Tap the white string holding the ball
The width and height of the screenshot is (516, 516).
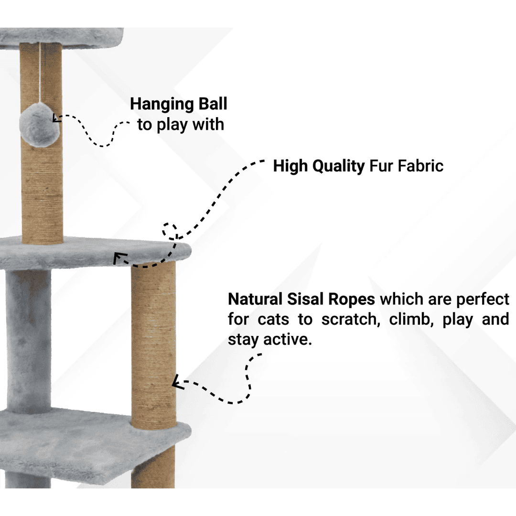(x=40, y=73)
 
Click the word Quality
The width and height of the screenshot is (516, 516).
(x=339, y=167)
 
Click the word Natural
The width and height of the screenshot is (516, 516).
(x=255, y=299)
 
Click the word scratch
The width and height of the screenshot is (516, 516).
(x=351, y=319)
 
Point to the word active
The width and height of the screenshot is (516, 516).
(x=287, y=339)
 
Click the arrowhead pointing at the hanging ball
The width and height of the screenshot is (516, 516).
(x=56, y=118)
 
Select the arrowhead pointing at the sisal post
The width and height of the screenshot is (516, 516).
(x=178, y=382)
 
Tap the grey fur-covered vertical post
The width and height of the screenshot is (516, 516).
(x=29, y=341)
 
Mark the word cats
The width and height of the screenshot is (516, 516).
(x=273, y=320)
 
